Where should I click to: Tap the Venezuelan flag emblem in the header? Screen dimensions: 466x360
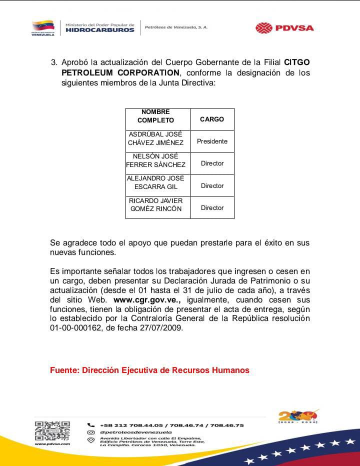[43, 26]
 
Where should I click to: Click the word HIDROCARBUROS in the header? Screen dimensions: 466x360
[100, 30]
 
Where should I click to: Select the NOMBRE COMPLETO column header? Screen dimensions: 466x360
[156, 116]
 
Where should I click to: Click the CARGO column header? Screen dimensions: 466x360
[212, 119]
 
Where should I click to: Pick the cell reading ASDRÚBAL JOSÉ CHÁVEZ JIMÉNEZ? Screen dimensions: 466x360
[156, 138]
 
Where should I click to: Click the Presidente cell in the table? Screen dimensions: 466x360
[212, 141]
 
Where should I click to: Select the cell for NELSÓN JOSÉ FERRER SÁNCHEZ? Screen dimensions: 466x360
[156, 160]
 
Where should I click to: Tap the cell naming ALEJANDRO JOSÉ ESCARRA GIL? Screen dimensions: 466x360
[156, 182]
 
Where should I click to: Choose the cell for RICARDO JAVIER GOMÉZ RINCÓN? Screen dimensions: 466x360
[156, 205]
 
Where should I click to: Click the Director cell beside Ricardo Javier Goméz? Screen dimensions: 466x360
[212, 208]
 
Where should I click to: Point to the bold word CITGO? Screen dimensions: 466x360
[297, 62]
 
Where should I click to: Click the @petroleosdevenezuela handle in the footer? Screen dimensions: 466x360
[136, 432]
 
